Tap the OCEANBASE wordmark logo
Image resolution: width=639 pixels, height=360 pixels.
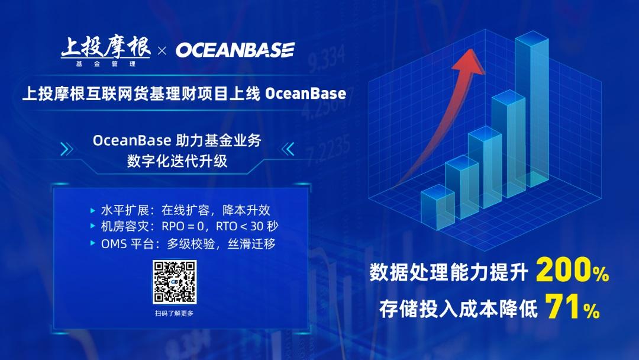pos(235,50)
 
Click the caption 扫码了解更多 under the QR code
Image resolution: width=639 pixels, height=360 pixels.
pos(175,313)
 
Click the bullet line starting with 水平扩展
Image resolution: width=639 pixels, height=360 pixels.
pos(180,210)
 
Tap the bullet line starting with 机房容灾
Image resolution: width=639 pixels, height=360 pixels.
pos(184,226)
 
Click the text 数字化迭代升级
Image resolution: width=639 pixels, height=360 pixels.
pos(177,161)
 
